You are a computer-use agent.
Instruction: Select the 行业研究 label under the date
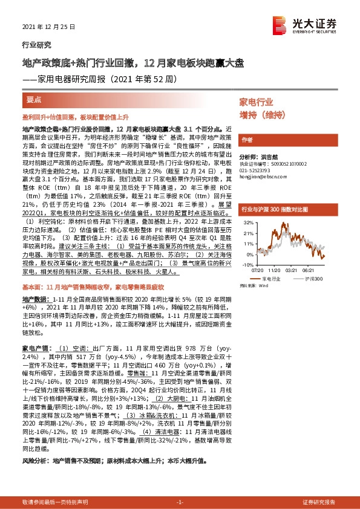[36, 45]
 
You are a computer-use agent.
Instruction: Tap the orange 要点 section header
[34, 99]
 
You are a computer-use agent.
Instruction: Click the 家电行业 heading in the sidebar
[256, 102]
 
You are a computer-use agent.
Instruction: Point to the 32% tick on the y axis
[247, 223]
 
